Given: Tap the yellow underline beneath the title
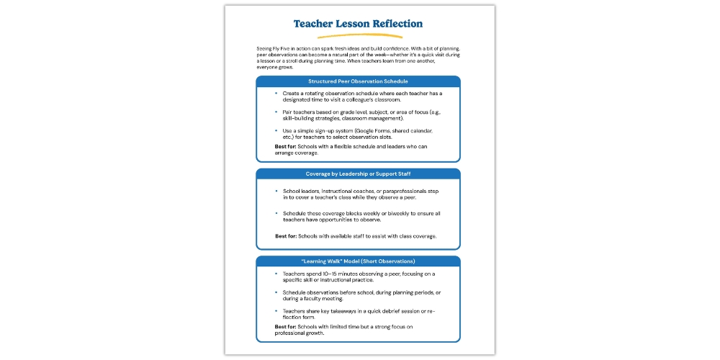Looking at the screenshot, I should click(358, 35).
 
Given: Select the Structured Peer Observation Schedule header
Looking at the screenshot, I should click(358, 81).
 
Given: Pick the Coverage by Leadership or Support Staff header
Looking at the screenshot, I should click(358, 174).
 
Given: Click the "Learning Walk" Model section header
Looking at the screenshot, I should click(358, 261).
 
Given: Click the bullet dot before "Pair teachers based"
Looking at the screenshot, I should click(276, 112).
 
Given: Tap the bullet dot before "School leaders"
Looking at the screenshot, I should click(276, 190).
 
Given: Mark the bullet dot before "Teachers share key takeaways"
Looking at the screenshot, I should click(276, 310).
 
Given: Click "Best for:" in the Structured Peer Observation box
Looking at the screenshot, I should click(287, 147).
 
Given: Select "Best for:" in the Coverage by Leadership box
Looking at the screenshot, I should click(287, 236).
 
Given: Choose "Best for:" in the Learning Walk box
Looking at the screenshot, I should click(287, 327).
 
